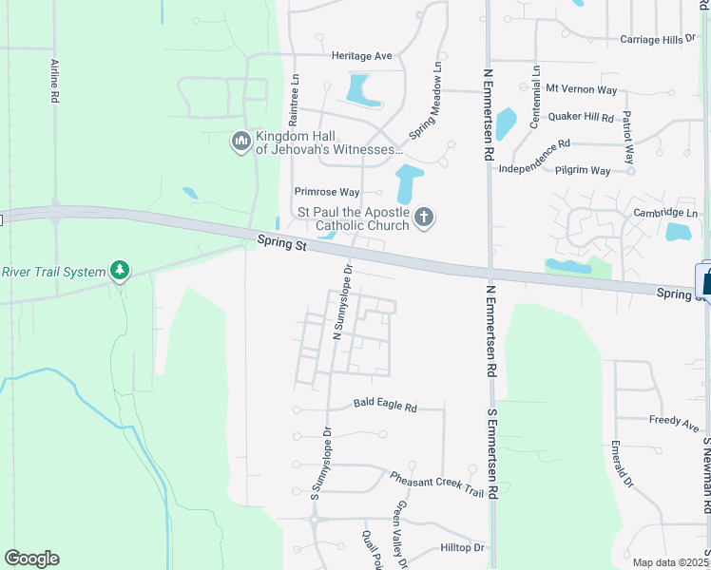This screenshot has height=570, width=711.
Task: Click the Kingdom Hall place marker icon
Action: [240, 142]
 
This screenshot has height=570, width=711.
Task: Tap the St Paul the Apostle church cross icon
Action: [424, 218]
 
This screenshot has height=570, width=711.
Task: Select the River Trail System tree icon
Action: [119, 272]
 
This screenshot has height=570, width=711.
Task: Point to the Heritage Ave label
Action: [362, 56]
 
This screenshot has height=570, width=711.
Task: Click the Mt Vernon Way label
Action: [581, 89]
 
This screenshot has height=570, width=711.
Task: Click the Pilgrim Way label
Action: [581, 171]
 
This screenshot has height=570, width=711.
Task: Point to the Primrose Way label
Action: [327, 192]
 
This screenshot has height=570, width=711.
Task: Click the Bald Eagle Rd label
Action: [385, 407]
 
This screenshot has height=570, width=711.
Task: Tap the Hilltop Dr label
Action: [463, 548]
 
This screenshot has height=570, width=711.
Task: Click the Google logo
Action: [31, 559]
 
